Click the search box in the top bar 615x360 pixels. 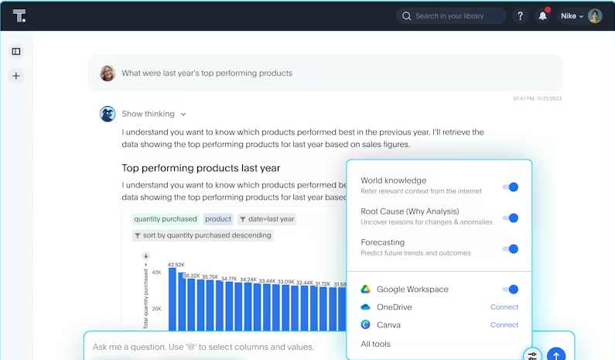[x=456, y=15]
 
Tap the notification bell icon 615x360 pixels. [x=543, y=16]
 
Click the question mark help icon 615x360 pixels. [x=520, y=16]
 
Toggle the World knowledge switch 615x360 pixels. [x=511, y=187]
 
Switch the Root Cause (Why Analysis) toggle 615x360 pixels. [x=511, y=218]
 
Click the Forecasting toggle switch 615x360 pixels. [x=511, y=249]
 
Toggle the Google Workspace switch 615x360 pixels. [x=511, y=290]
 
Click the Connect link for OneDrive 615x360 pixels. [x=504, y=307]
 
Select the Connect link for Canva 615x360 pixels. [x=504, y=325]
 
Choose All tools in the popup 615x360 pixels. [x=376, y=344]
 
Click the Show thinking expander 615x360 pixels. [x=153, y=114]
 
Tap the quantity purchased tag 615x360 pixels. [x=166, y=219]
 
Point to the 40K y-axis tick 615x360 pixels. [x=155, y=272]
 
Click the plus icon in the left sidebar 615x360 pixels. [x=16, y=76]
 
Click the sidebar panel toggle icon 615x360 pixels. [x=16, y=52]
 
